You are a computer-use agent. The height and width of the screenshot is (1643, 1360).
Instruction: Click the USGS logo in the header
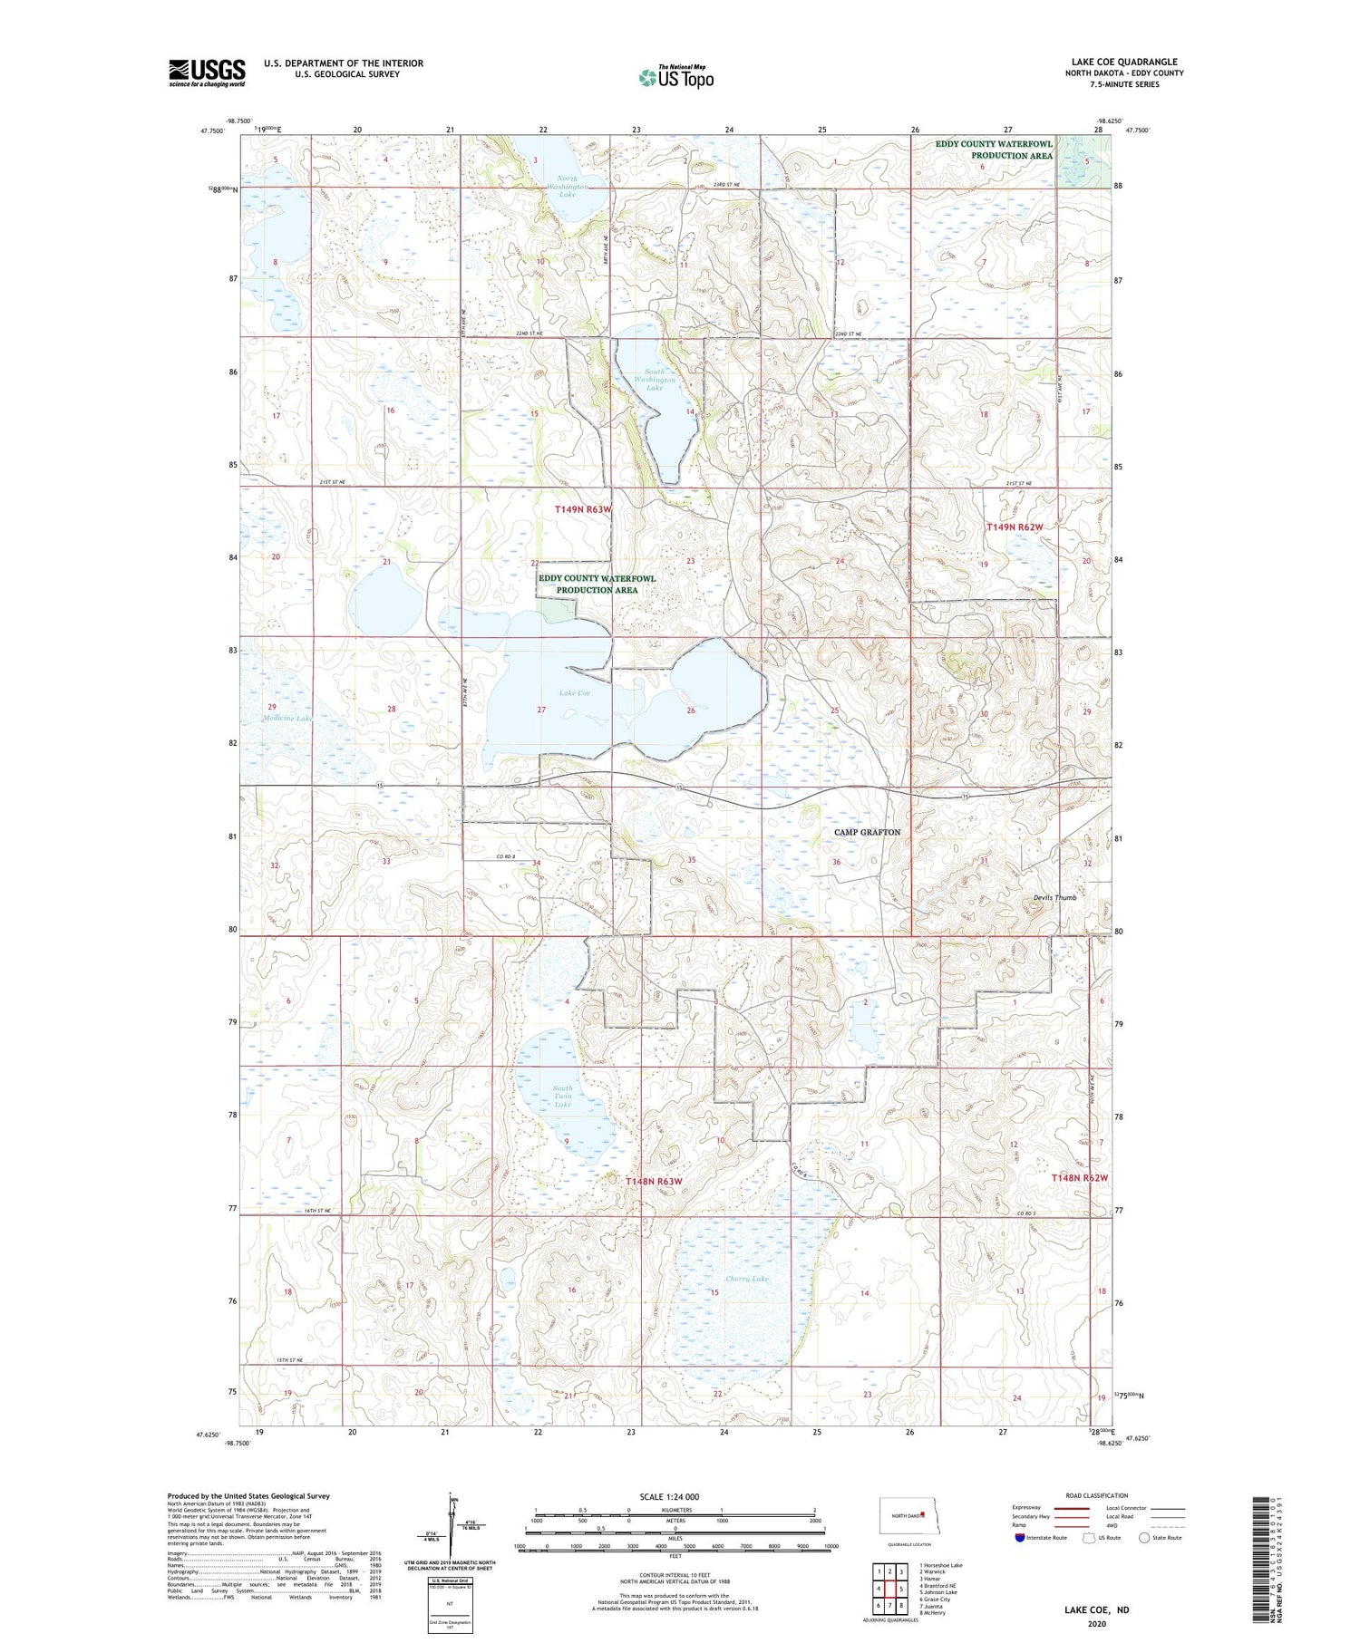(207, 72)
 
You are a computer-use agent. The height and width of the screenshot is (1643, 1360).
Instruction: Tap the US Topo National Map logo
(675, 78)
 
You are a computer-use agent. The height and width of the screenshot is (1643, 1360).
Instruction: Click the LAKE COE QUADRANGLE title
(1124, 62)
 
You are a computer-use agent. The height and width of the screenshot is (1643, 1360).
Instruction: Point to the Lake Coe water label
(574, 692)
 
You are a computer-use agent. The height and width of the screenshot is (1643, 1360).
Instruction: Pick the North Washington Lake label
(568, 187)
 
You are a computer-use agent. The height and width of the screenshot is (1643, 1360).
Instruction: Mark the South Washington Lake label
(655, 379)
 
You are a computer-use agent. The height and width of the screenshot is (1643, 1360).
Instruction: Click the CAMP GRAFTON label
(867, 832)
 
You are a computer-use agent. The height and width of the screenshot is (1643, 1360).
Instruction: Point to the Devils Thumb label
(1054, 897)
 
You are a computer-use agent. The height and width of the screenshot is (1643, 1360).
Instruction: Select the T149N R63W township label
(583, 509)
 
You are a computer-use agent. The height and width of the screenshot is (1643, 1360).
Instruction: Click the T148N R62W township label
(1080, 1177)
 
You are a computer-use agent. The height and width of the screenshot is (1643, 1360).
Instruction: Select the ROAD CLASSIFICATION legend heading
(1097, 1495)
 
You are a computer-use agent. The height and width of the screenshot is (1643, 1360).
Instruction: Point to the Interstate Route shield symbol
(1020, 1538)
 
